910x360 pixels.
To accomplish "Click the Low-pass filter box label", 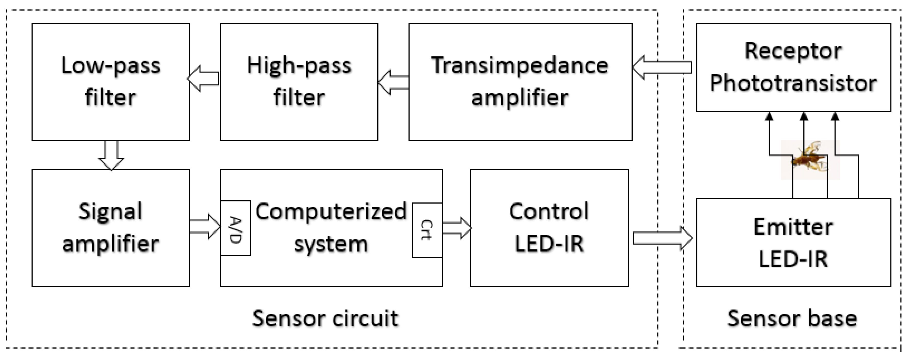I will pos(111,82).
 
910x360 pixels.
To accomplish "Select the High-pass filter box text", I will pos(299,82).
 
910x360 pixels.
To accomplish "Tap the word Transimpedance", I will pos(520,66).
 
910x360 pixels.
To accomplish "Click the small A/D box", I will pos(236,228).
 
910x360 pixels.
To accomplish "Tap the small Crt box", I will pos(427,230).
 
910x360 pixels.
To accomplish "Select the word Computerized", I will pos(331,212).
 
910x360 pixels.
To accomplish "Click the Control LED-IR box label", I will pos(549,228).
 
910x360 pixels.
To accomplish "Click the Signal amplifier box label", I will pos(111,228).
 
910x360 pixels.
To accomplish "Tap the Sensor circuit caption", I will pos(325,318).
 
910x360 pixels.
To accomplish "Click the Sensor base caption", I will pos(792,318).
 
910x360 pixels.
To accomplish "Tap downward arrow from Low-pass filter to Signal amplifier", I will pos(111,155).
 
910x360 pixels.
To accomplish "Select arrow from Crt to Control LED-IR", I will pos(456,228).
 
